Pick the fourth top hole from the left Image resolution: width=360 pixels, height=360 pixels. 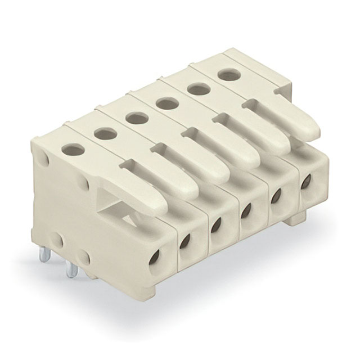click(164, 102)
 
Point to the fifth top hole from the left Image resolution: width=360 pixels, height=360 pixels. click(195, 88)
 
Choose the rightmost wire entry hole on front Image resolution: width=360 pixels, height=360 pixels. click(307, 182)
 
